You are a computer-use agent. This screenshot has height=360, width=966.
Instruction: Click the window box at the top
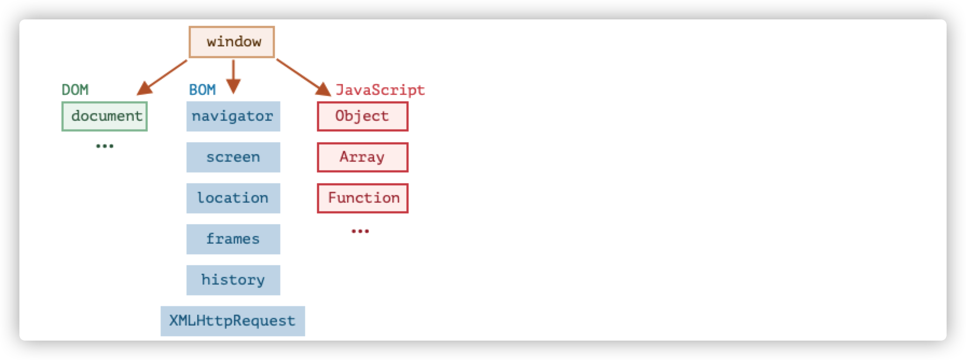[x=232, y=42]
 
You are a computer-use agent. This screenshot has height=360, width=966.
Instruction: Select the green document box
[x=105, y=116]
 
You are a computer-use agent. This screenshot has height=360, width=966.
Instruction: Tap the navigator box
[x=233, y=116]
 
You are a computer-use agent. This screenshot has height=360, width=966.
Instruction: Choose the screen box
[x=233, y=157]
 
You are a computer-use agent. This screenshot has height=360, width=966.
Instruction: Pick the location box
[x=233, y=198]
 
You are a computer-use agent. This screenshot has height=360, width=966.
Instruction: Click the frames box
[x=233, y=239]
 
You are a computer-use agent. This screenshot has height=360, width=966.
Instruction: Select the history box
[x=233, y=280]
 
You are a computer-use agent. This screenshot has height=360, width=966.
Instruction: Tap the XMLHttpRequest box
[x=233, y=321]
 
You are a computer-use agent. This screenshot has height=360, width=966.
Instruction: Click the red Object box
[x=363, y=116]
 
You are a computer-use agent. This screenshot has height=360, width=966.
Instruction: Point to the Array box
[x=363, y=157]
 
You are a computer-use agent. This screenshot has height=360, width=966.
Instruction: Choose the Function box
[x=363, y=198]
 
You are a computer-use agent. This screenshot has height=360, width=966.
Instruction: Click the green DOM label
[x=75, y=90]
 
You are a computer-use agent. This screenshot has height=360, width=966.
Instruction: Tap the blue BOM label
[x=202, y=90]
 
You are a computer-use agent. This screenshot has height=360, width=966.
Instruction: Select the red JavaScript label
[x=380, y=90]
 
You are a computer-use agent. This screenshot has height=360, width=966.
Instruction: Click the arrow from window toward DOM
[x=162, y=78]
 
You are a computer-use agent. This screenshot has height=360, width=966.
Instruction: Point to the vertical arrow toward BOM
[x=233, y=77]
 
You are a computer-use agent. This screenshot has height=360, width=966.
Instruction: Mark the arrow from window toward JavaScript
[x=303, y=78]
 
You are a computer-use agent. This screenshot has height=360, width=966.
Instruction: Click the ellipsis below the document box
[x=105, y=146]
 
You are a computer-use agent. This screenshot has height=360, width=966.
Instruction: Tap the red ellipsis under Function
[x=360, y=231]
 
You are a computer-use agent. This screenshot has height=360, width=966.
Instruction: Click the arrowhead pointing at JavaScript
[x=323, y=89]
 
